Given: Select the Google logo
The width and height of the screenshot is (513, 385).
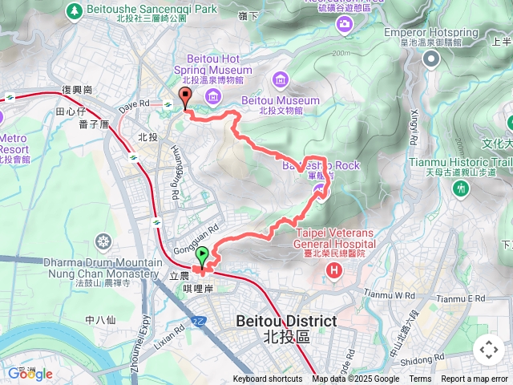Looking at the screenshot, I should tap(30, 374).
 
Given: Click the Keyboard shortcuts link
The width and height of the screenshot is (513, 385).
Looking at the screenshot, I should tap(268, 379).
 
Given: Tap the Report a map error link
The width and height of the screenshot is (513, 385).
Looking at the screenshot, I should tap(475, 379).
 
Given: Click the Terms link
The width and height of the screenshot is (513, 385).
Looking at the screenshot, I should tap(420, 379).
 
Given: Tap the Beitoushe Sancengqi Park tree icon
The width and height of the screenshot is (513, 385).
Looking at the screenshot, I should tap(74, 10).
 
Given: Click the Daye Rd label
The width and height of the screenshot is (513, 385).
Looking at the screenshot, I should tap(135, 104).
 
